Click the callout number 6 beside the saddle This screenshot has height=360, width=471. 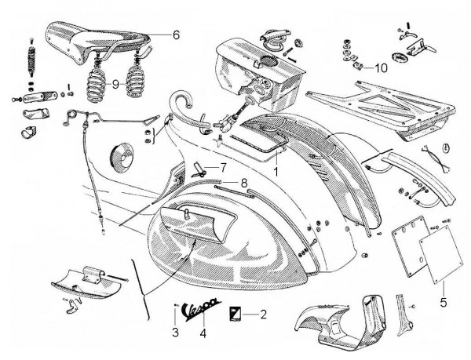[176, 35]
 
